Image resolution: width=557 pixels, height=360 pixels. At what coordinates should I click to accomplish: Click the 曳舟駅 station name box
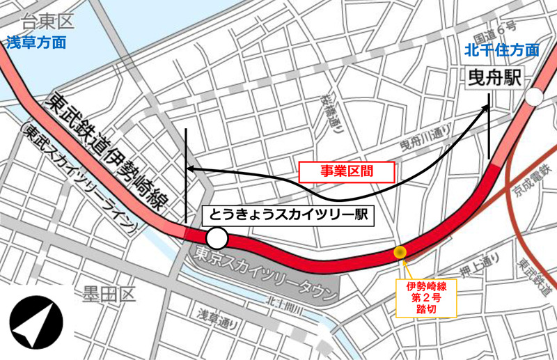[x=494, y=78]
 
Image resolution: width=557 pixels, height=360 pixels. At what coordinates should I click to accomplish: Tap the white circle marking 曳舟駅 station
[x=535, y=97]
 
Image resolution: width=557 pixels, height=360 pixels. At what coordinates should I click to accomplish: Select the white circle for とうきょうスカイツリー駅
[x=217, y=239]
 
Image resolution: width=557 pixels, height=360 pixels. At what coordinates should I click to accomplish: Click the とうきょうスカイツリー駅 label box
[x=288, y=215]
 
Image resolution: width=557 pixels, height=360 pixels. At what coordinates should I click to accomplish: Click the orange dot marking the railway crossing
[x=400, y=252]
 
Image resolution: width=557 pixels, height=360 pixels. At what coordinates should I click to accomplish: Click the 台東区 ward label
[x=43, y=22]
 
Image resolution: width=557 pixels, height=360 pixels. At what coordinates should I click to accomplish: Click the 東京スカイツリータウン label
[x=262, y=275]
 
